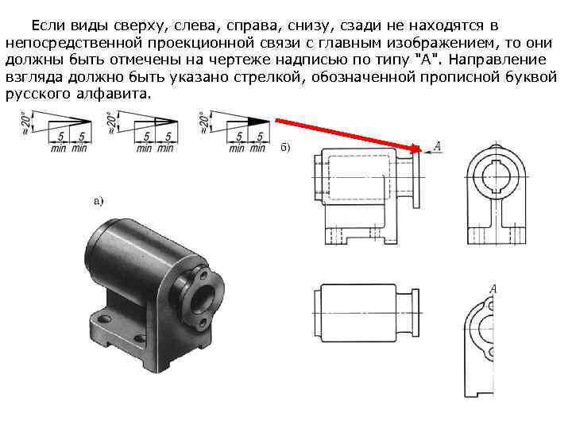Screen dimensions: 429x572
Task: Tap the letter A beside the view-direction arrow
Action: coord(438,146)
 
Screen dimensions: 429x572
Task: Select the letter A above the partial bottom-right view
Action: coord(493,288)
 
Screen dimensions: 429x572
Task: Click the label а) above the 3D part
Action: coord(99,200)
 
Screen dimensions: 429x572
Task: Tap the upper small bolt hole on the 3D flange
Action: coord(205,274)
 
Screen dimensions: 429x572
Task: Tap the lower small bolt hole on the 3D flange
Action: coord(203,322)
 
